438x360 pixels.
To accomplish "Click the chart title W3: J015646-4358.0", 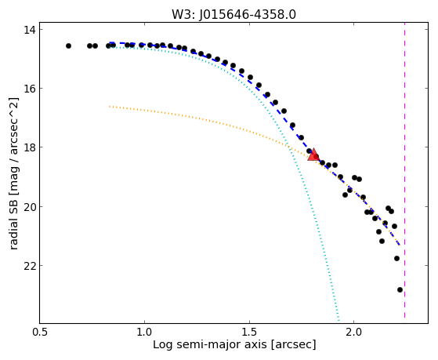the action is tap(233, 14).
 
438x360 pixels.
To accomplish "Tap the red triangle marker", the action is tap(313, 155).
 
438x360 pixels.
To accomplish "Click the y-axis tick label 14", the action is tap(29, 30).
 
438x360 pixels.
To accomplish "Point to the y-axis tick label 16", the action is tap(29, 89).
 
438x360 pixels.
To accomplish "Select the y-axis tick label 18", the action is tap(29, 147).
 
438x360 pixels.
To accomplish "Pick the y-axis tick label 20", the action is tap(29, 207).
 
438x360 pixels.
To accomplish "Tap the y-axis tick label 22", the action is tap(29, 265).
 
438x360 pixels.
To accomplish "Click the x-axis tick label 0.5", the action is tap(40, 332).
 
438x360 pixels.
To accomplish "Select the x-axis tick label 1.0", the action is tap(144, 332).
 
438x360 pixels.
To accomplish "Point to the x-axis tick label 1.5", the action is tap(249, 332).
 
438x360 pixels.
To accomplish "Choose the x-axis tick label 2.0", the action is tap(354, 332).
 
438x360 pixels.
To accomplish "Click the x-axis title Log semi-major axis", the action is tap(210, 344).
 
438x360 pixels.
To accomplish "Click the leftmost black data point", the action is tap(68, 45).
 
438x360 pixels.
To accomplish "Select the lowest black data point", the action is tap(400, 289).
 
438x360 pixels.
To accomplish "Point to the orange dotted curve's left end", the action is tap(110, 107).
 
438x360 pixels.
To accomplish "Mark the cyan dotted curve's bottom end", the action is tap(338, 321).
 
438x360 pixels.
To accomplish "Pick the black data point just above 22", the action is tap(396, 259).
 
